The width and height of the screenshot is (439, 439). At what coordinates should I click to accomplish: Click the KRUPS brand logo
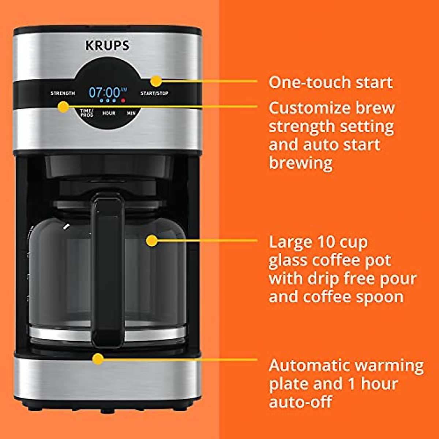pos(107,46)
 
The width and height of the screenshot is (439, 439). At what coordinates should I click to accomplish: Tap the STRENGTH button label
pos(63,93)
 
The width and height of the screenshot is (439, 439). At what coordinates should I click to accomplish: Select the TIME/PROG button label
pos(87,113)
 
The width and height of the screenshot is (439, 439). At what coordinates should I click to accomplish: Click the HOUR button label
pos(109,113)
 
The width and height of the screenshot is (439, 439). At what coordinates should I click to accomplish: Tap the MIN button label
pos(131,113)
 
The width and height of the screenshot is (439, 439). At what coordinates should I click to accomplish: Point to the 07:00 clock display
pos(104,92)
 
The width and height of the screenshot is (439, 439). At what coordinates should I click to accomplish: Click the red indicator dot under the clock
pos(123,100)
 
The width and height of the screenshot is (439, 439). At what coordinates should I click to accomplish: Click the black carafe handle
pos(108,271)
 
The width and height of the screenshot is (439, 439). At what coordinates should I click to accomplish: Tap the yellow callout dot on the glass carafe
pos(151,240)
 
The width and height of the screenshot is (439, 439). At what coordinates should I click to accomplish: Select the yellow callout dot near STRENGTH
pos(63,107)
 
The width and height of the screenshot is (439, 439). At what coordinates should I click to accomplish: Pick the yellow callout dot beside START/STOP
pos(156,81)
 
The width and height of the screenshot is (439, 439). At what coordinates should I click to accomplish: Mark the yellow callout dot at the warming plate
pos(97,359)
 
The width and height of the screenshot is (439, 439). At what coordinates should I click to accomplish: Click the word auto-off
pos(300,402)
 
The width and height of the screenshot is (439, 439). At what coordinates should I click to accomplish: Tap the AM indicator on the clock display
pos(124,89)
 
